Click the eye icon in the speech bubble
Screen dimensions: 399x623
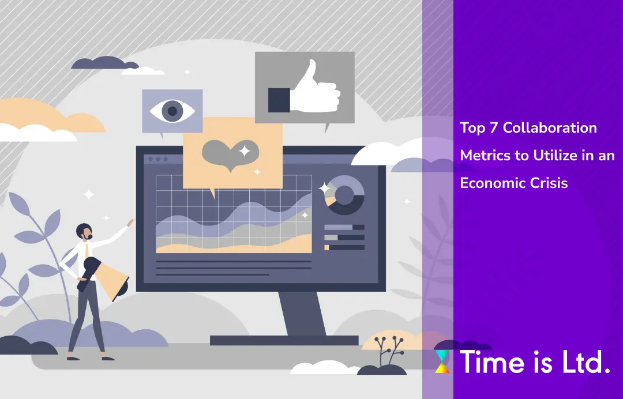172,111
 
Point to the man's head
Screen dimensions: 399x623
84,232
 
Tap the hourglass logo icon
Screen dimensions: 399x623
442,362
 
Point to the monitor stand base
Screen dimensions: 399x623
284,340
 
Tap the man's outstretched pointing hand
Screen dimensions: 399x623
130,222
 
